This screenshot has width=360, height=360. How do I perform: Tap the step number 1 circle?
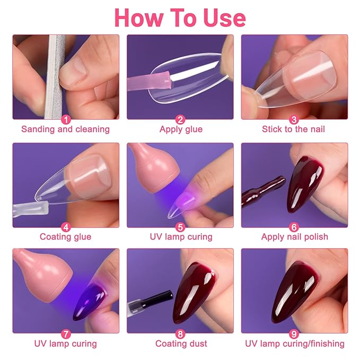click(x=65, y=120)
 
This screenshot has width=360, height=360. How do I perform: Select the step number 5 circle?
click(x=180, y=227)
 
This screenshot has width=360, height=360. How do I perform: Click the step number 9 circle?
click(x=294, y=335)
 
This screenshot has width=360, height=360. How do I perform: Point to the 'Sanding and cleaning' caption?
click(x=65, y=129)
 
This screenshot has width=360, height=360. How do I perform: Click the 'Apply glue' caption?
click(x=180, y=129)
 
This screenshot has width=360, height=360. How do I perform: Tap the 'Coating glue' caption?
click(x=65, y=237)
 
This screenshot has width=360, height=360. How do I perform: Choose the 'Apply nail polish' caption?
click(x=294, y=237)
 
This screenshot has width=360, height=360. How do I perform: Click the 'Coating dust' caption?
click(x=180, y=344)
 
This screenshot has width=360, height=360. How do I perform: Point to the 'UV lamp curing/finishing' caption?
click(x=294, y=344)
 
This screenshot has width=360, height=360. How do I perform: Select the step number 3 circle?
click(x=294, y=120)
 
